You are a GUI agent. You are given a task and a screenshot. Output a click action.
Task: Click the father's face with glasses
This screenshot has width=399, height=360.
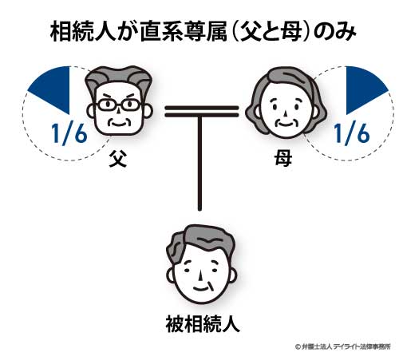tap(119, 101)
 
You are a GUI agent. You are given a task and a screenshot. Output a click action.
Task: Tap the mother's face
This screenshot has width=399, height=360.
tap(286, 103)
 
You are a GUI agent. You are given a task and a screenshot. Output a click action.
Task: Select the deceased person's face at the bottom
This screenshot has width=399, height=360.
tap(201, 264)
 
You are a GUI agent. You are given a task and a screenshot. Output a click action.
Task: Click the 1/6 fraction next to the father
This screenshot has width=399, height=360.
tap(69, 134)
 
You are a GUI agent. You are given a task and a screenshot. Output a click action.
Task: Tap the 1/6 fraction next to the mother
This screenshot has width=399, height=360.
tap(352, 134)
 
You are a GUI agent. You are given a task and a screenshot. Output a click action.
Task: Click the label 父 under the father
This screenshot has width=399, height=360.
tap(118, 160)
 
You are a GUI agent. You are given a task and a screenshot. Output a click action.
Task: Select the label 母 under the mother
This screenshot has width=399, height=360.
tap(283, 159)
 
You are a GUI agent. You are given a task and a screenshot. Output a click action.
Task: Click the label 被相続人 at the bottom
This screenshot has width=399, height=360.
tap(203, 324)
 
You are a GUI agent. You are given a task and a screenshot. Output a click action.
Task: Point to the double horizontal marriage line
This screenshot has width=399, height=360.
tap(202, 112)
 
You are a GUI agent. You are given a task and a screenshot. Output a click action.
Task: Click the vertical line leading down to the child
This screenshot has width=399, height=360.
tap(199, 163)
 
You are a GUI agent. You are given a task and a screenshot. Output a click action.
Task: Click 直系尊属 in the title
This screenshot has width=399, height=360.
tap(184, 33)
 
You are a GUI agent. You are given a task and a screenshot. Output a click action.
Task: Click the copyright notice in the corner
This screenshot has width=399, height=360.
tap(342, 346)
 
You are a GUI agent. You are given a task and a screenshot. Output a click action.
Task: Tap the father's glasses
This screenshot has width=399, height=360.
tap(119, 105)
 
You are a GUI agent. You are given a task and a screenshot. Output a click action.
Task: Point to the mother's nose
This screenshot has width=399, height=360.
tap(285, 113)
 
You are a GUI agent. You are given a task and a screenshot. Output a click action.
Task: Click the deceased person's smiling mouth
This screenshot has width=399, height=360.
tap(201, 288)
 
